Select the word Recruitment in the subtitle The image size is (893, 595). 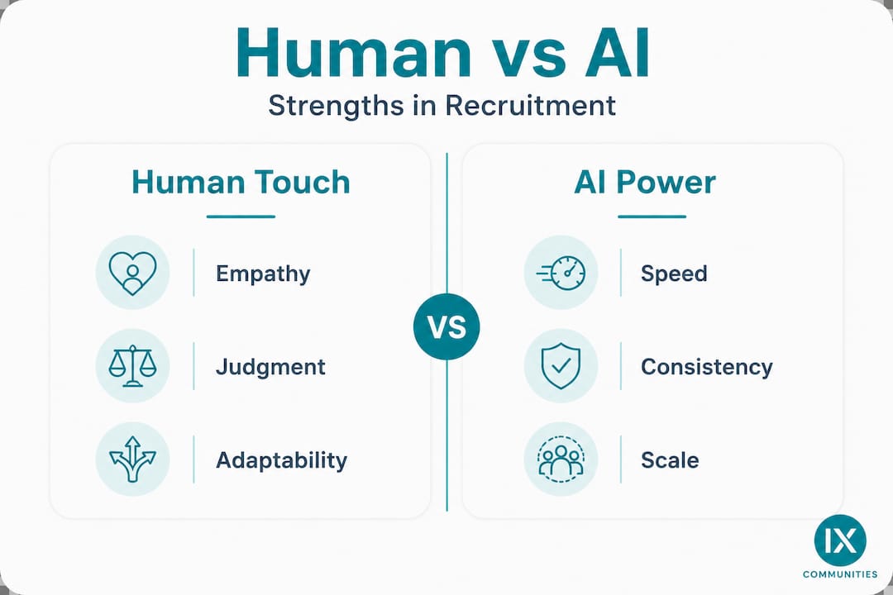coord(530,105)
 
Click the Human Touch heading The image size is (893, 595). coord(241,183)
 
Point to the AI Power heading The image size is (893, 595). coord(645,183)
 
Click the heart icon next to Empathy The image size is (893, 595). coord(132,273)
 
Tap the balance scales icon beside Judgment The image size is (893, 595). coord(132,365)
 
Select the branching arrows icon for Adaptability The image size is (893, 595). coord(132,459)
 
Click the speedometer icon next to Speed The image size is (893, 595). coord(561,273)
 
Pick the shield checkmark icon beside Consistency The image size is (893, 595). coord(561,365)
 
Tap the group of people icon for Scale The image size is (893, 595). coord(561,459)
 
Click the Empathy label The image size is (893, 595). coord(263,274)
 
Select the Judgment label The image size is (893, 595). coord(270,367)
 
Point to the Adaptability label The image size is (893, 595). coord(281,460)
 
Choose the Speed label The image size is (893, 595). coord(674,274)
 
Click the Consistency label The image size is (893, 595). coord(707,367)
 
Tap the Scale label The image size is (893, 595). coord(670,460)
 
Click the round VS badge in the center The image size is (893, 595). coord(446,326)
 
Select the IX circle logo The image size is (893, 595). coord(840,540)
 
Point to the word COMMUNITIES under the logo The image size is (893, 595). coord(840,574)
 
